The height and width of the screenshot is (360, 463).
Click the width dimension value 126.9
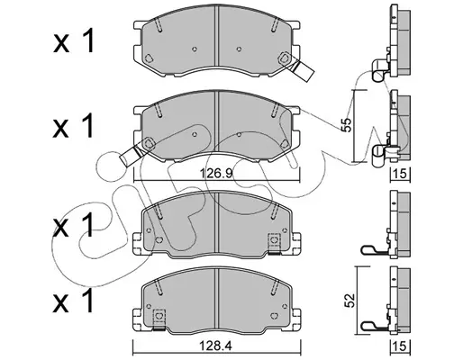(x=216, y=174)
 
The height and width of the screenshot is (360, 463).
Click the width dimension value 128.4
(x=216, y=346)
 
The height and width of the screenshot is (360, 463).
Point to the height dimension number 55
(x=347, y=124)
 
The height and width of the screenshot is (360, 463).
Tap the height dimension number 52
(x=350, y=301)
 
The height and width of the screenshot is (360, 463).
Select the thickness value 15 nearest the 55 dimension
(x=401, y=174)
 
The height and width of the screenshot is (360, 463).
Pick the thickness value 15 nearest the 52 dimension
(x=401, y=346)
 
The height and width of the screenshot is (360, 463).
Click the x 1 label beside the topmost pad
(x=74, y=41)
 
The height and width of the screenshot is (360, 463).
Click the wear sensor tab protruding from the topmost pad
(x=303, y=70)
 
